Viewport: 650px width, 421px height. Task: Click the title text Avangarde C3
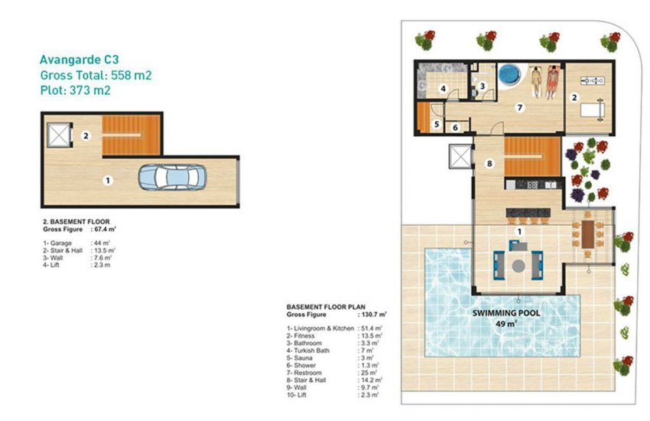(x=79, y=58)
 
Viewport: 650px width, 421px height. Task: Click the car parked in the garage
(x=172, y=177)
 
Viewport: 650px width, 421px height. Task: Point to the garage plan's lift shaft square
(x=58, y=135)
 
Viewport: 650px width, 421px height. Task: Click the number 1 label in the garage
(x=108, y=181)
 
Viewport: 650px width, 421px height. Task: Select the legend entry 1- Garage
(x=58, y=243)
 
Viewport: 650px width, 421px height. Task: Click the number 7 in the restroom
(x=519, y=108)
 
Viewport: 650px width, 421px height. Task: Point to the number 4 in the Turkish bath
(x=443, y=89)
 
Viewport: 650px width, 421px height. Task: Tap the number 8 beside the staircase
(x=489, y=163)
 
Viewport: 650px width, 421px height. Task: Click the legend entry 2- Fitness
(x=302, y=335)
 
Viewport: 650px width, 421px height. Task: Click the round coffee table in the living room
(x=519, y=266)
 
